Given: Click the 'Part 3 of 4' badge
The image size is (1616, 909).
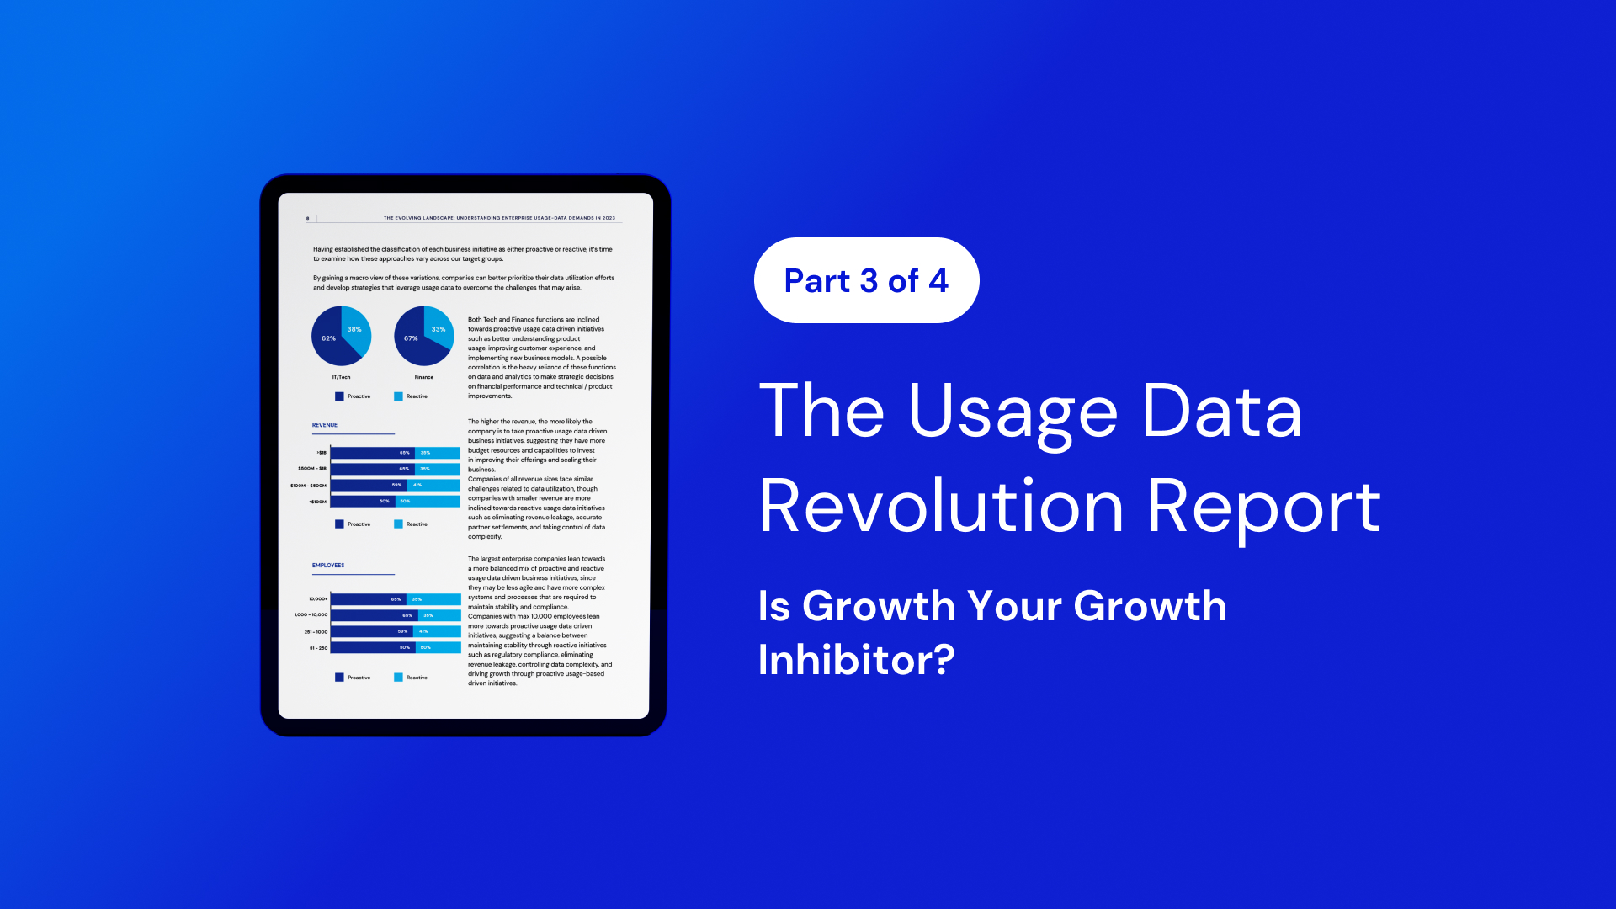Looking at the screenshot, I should coord(866,280).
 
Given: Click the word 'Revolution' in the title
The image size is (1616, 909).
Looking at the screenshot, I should coord(941,507).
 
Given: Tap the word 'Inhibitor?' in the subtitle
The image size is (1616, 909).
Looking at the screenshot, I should coord(856,660).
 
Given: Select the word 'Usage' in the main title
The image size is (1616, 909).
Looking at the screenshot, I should coord(1013,412).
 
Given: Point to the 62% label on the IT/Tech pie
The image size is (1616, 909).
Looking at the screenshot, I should coord(328,338).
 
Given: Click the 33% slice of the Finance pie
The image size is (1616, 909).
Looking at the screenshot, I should coord(439,329).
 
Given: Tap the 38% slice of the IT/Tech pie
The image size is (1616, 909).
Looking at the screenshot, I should coord(354,329).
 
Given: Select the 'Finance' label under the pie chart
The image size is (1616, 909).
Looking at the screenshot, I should coord(424,377).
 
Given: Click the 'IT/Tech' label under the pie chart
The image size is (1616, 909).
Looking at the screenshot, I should coord(341,377).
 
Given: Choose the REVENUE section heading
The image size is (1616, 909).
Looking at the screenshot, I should coord(325,425).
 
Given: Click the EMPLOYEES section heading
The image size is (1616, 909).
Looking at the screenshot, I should coord(328,566).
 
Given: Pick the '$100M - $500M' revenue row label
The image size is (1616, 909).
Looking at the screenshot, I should coord(308,486).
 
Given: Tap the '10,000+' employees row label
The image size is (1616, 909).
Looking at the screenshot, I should coord(318,599).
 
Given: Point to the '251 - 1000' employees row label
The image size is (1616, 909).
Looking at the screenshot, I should coord(316,632).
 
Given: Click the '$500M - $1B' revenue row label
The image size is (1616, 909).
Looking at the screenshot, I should coord(312,469).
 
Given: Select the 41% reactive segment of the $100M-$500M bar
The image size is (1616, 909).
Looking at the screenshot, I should coord(433,485).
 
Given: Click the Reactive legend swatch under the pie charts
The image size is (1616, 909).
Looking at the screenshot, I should coord(398,396).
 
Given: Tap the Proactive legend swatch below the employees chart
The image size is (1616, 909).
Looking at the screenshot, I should coord(339,678).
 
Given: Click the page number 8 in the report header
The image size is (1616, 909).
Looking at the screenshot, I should coord(307,219).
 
